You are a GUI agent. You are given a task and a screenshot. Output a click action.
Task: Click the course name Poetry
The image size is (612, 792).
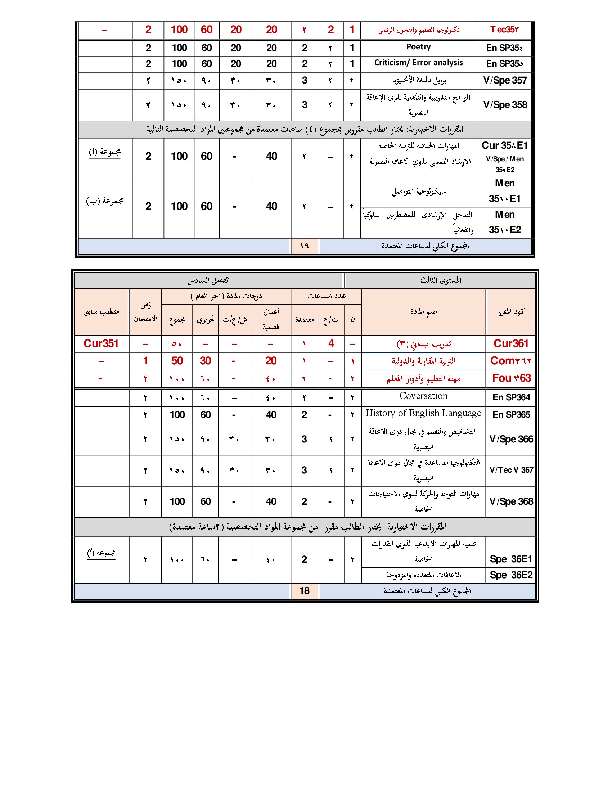tap(418, 47)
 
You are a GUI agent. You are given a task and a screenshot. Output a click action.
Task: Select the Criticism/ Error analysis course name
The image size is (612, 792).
tap(418, 63)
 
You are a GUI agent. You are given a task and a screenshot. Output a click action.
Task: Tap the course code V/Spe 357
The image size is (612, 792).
tap(505, 81)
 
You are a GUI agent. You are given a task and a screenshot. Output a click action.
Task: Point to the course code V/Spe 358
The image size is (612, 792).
tap(505, 105)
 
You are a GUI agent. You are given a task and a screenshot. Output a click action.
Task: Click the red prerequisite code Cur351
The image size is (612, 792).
tap(101, 343)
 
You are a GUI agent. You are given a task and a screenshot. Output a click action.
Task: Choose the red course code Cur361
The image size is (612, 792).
tap(511, 343)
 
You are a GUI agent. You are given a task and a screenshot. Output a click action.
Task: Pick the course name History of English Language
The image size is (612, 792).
tap(423, 413)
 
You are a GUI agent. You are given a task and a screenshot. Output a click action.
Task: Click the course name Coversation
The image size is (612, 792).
tap(423, 396)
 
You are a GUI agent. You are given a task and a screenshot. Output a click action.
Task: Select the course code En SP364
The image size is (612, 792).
tap(511, 397)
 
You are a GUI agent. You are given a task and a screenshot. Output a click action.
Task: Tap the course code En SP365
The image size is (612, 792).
tap(511, 414)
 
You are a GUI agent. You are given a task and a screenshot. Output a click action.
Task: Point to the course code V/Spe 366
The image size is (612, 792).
tap(511, 439)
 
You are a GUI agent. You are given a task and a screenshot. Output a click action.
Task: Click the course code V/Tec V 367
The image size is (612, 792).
tap(511, 470)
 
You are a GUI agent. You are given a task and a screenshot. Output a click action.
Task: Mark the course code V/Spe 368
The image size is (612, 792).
tap(511, 501)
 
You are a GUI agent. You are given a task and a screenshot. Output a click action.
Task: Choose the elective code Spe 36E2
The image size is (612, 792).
tap(511, 575)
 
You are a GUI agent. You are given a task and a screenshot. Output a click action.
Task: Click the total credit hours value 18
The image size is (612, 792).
tap(304, 591)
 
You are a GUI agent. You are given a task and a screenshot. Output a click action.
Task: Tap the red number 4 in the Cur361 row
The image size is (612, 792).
tap(330, 343)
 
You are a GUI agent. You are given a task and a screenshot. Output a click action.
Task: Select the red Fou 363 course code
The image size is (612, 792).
tap(511, 378)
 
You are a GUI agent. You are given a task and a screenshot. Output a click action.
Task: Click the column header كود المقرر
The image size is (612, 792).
tap(511, 311)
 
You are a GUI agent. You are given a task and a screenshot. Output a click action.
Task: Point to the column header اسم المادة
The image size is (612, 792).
tap(423, 311)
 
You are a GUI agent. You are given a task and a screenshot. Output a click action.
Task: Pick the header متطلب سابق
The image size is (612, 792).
tap(101, 311)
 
